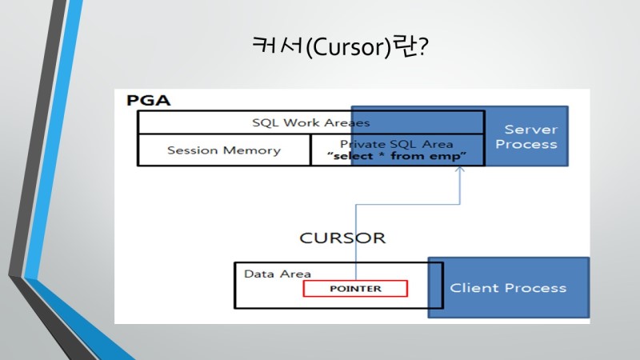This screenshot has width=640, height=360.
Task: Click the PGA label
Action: pos(148,101)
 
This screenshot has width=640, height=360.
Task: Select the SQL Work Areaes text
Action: pos(311,123)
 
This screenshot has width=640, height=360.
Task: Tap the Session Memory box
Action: pos(224,150)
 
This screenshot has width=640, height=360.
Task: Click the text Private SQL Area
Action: pos(396,144)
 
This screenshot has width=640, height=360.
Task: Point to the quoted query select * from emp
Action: pos(396,156)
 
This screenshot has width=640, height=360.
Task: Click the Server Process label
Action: pos(526,137)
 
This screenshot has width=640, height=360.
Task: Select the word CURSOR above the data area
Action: pos(342,238)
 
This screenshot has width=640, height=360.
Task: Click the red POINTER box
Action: pos(355,289)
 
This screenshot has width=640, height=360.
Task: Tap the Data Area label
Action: pos(277,274)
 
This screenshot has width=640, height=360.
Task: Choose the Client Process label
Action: pos(508,288)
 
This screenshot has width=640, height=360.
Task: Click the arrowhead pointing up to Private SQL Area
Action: pos(460,169)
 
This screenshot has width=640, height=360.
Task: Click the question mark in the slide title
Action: pos(423,46)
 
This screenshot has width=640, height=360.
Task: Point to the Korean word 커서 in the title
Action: pos(277,45)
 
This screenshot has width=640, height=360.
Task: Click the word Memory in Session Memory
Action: pos(252,150)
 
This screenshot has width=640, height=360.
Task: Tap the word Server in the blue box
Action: pos(531,130)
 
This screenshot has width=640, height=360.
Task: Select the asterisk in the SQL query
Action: pos(382,154)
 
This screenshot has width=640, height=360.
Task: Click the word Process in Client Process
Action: pos(536,288)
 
